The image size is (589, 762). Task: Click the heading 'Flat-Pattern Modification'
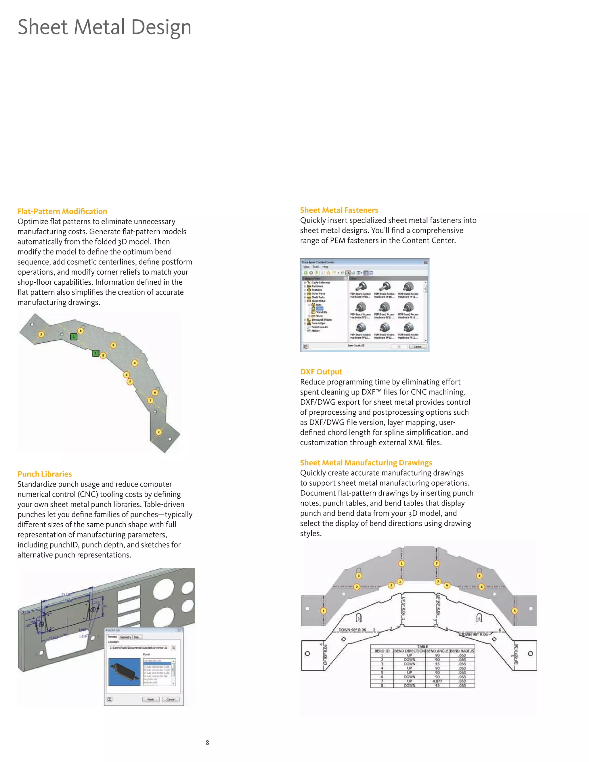62,211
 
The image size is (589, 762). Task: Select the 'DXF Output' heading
321,372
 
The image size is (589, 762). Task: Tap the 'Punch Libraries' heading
45,474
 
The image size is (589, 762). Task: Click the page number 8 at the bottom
207,742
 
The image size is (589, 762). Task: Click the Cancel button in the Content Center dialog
417,346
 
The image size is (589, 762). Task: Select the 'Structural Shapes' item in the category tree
321,319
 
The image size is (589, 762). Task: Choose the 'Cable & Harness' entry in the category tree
321,283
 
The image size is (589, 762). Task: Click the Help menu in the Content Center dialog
325,267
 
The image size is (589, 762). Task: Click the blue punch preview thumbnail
124,672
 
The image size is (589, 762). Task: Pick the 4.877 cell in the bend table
437,681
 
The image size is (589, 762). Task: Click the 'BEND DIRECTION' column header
409,651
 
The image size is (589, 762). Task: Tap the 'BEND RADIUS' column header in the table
462,651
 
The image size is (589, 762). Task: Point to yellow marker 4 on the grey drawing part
324,610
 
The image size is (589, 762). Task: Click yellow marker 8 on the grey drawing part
479,576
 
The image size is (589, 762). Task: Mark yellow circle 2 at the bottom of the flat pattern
158,432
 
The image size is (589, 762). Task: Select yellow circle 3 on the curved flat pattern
41,334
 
